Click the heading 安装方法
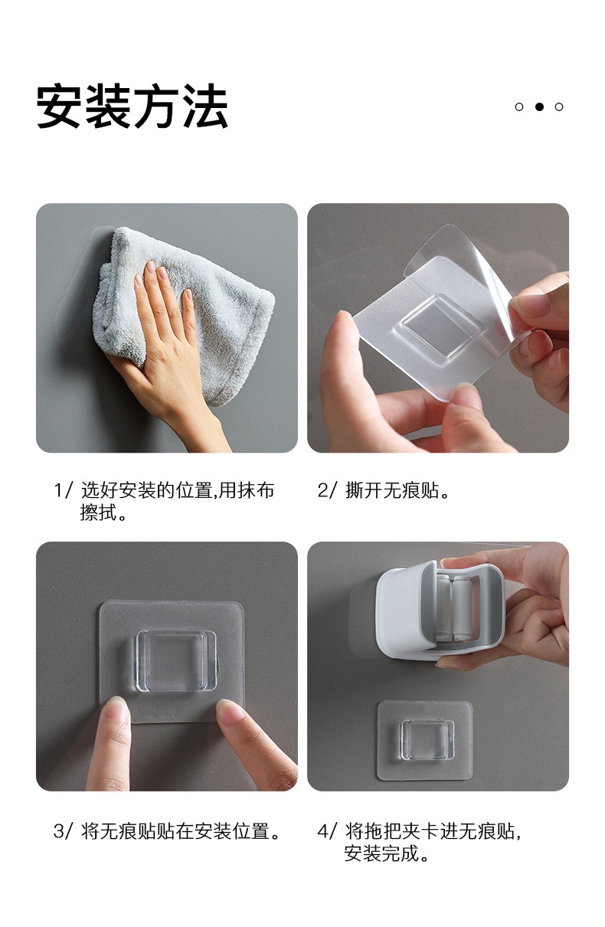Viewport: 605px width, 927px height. click(132, 106)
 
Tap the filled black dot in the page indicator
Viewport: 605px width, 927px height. click(539, 106)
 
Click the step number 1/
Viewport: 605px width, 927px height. click(64, 490)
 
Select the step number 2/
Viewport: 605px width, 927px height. click(328, 490)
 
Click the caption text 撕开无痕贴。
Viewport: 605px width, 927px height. click(397, 490)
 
